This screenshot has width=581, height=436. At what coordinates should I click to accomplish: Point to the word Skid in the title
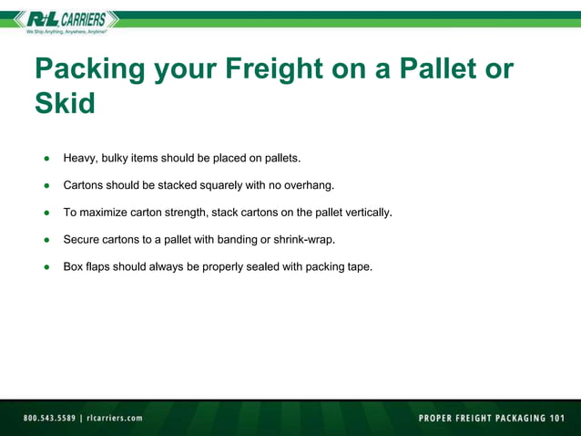[x=65, y=103]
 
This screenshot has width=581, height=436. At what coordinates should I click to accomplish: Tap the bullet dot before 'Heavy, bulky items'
[x=46, y=159]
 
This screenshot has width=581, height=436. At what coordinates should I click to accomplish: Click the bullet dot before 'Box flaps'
[x=46, y=267]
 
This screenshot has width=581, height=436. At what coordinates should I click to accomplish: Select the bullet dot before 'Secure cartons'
[x=46, y=240]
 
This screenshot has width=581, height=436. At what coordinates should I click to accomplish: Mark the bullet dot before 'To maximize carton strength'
[x=46, y=213]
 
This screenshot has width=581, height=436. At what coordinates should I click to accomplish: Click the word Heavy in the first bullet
[x=79, y=159]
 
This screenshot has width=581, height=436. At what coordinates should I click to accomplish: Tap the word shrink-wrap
[x=302, y=240]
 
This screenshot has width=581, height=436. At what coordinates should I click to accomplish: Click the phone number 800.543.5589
[x=49, y=418]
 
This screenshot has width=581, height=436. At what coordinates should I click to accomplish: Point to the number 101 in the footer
[x=552, y=418]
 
